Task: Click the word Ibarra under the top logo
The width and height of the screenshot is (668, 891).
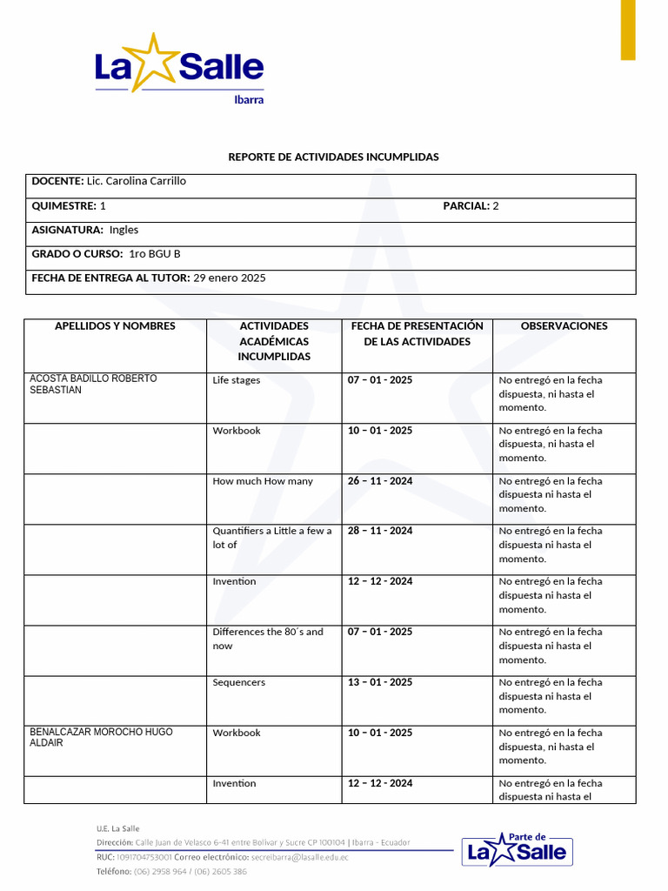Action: [x=249, y=99]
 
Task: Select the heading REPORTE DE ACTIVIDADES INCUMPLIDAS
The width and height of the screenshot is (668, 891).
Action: [x=333, y=157]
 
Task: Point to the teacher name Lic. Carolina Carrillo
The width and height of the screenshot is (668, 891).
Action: [x=137, y=182]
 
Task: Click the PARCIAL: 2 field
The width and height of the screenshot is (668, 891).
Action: [x=471, y=206]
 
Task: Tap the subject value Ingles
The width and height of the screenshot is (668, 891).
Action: [x=124, y=231]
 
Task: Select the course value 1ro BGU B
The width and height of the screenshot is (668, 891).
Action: [x=155, y=254]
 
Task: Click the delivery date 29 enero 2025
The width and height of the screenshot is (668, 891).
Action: [x=230, y=278]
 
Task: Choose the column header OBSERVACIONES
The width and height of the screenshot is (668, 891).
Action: [x=564, y=326]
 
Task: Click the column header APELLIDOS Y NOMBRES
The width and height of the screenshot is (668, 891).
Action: [x=115, y=326]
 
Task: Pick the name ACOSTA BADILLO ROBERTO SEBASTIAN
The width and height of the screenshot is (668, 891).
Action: [x=94, y=385]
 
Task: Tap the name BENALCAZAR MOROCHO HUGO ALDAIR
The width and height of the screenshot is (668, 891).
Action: [x=101, y=738]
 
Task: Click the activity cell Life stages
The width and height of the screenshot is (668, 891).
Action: [x=237, y=380]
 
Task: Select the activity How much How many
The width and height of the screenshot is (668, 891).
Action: [x=263, y=481]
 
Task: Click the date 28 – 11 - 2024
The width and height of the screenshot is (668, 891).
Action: [x=380, y=531]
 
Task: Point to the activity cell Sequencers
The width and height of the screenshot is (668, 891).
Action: [x=239, y=683]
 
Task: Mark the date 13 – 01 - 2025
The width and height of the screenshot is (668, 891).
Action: [x=380, y=683]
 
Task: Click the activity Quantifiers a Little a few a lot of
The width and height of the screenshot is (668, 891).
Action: [x=271, y=538]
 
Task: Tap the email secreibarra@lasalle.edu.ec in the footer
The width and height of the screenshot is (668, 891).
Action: [x=299, y=858]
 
